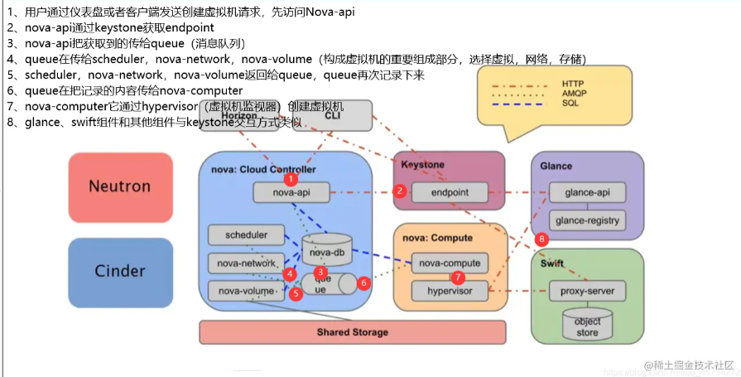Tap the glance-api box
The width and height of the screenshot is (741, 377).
[587, 192]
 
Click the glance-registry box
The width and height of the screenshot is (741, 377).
[587, 220]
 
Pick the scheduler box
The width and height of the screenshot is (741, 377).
[246, 235]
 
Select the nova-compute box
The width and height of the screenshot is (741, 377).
[450, 263]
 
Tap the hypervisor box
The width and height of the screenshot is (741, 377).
[450, 291]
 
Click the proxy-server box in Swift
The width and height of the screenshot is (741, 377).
[587, 291]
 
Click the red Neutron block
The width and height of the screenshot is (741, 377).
[120, 187]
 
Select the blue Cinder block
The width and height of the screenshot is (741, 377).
[120, 271]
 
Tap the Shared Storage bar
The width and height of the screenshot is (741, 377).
[352, 332]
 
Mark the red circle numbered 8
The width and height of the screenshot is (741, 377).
[542, 239]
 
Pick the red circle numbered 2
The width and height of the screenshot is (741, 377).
[399, 191]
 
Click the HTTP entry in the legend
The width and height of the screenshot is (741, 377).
[572, 84]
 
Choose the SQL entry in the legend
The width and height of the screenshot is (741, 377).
[570, 104]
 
